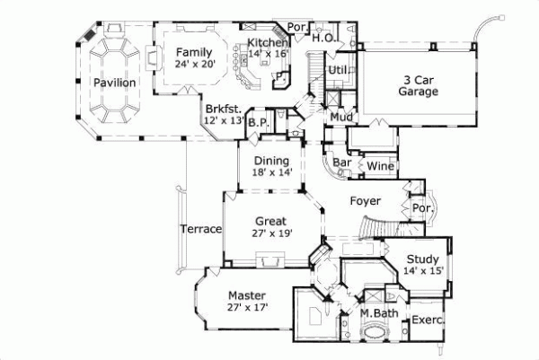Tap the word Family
194,52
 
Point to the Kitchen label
268,43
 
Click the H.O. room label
323,38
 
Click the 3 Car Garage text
419,85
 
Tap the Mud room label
340,117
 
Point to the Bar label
341,164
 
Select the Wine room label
378,166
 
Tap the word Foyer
365,201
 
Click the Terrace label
200,230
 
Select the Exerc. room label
429,320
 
